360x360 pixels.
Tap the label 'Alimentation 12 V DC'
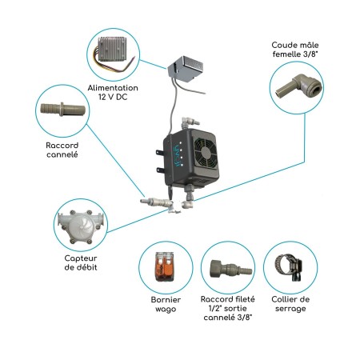click(111, 94)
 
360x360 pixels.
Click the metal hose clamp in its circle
click(290, 268)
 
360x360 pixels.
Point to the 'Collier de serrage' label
click(290, 305)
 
